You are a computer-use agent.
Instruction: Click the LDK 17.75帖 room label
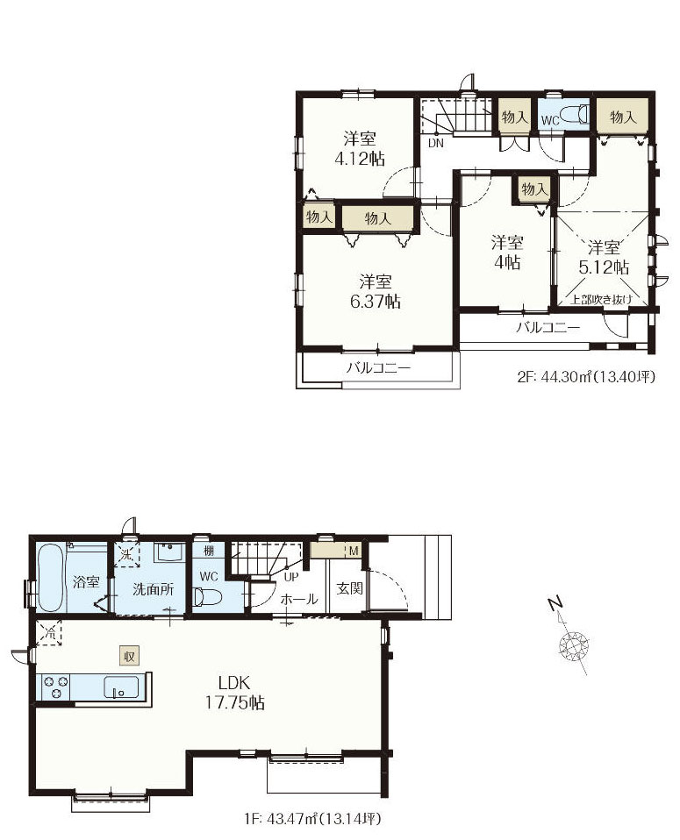pos(235,692)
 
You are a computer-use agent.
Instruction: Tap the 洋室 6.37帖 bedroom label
pos(376,291)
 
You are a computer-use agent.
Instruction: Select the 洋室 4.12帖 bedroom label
pos(360,148)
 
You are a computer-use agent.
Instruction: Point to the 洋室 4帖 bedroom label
pos(507,253)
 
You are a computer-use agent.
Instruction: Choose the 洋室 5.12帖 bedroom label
pos(604,257)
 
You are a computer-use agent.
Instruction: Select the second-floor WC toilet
pos(576,115)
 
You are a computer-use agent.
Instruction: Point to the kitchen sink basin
pos(121,687)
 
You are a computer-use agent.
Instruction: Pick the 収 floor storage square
pos(129,656)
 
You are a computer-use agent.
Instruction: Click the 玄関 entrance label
pos(350,588)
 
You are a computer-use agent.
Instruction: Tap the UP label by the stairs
pos(291,578)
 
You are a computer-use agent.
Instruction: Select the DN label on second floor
pos(435,143)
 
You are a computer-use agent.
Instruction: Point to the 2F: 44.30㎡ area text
pos(586,377)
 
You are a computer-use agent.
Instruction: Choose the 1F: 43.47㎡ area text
pos(312,819)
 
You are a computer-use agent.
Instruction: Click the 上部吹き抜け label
pos(601,300)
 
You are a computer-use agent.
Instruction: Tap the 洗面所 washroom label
pos(154,589)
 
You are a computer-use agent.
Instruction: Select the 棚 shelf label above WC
pos(209,550)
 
